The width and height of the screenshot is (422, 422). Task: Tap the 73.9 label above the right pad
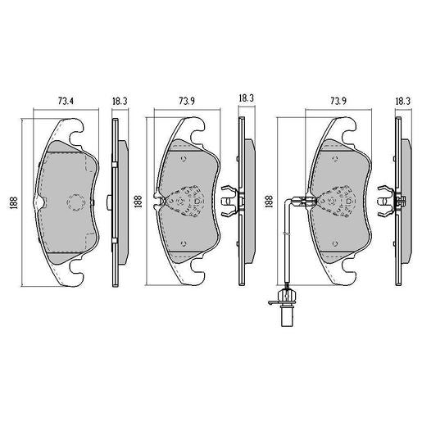click(334, 101)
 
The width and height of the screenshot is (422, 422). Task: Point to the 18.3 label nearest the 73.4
click(119, 101)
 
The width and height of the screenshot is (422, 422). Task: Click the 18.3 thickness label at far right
click(402, 101)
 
